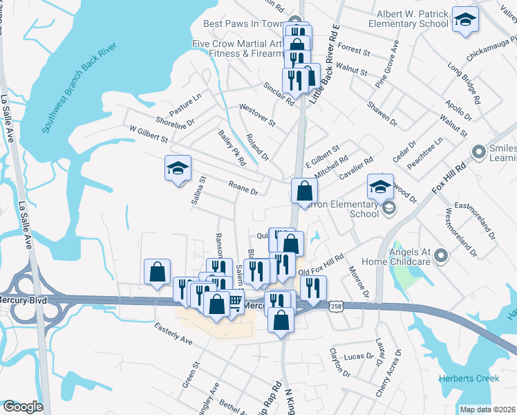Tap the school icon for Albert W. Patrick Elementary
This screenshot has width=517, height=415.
click(x=465, y=19)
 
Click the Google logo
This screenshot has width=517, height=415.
click(x=22, y=407)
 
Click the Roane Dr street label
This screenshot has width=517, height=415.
click(x=243, y=187)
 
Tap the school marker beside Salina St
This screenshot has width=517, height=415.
click(x=178, y=169)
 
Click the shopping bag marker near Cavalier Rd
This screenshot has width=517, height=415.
click(x=304, y=191)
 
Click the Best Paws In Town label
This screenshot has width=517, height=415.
click(x=243, y=24)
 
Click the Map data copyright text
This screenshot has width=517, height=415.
click(x=488, y=409)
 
